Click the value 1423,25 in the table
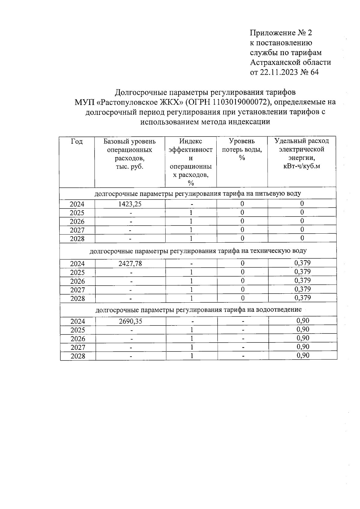coord(130,204)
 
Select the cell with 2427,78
coord(130,264)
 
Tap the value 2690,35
coord(130,321)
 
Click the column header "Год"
coord(77,141)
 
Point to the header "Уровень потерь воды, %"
coord(242,149)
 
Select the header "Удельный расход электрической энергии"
coord(301,153)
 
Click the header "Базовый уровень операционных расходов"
coord(130,154)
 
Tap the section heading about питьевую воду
coord(198,193)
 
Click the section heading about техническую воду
coord(198,251)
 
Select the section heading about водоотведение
coord(198,310)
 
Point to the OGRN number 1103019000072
coord(240,102)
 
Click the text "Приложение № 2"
coord(281,33)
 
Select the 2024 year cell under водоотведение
coord(77,322)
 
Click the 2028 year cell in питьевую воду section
coord(77,239)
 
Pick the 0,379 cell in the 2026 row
coord(302,281)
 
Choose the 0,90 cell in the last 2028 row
coord(302,356)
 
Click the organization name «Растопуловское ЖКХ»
coord(140,102)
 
